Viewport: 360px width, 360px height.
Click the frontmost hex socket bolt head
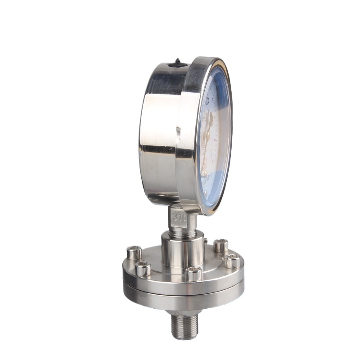tap(194, 273)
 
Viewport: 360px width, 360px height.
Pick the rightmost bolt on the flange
tap(233, 261)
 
